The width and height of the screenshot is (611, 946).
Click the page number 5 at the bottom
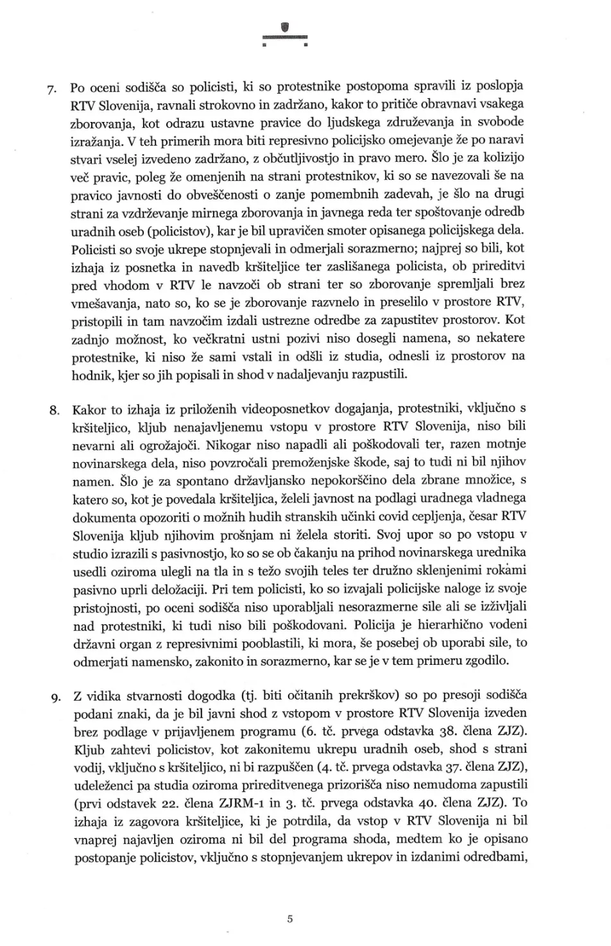290,918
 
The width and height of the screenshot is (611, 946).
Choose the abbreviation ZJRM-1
304,803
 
